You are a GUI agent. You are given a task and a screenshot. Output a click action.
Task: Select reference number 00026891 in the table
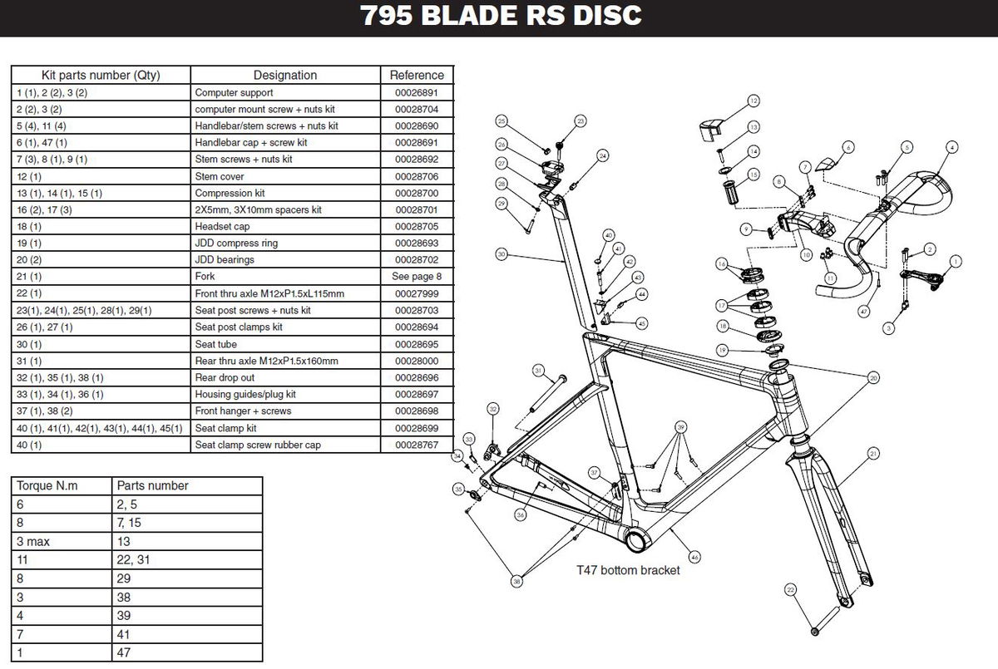[x=417, y=92]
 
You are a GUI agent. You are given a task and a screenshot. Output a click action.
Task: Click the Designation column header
[x=284, y=75]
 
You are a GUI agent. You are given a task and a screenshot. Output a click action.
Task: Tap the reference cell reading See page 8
[x=417, y=277]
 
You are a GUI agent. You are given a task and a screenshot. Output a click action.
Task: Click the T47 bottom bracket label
[x=628, y=570]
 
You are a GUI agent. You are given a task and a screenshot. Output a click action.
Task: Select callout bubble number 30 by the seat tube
[x=501, y=254]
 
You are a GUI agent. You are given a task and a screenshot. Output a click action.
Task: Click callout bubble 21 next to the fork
[x=873, y=454]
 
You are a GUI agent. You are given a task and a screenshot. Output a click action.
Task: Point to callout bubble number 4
[x=950, y=147]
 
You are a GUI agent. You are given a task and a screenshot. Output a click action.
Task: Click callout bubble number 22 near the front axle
[x=790, y=590]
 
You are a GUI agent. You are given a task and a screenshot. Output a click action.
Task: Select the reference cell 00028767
[x=417, y=445]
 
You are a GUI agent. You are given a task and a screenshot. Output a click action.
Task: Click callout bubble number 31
[x=537, y=371]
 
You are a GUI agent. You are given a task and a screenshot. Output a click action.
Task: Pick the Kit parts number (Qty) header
[x=101, y=75]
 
